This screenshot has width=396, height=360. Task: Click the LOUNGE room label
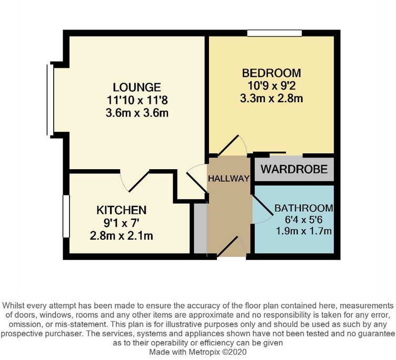pyautogui.click(x=136, y=87)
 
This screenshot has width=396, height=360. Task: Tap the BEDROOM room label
pyautogui.click(x=272, y=73)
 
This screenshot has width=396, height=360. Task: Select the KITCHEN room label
pyautogui.click(x=121, y=209)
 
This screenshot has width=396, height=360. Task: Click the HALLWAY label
pyautogui.click(x=228, y=179)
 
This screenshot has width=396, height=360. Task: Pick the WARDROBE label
pyautogui.click(x=295, y=170)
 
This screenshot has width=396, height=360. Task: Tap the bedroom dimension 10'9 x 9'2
pyautogui.click(x=272, y=85)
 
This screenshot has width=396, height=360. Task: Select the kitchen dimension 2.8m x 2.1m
pyautogui.click(x=121, y=235)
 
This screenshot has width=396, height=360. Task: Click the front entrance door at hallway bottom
pyautogui.click(x=231, y=247)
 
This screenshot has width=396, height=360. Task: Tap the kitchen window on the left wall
pyautogui.click(x=65, y=216)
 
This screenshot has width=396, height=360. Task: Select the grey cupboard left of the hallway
pyautogui.click(x=200, y=228)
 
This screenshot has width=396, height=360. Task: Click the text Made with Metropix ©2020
pyautogui.click(x=197, y=351)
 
